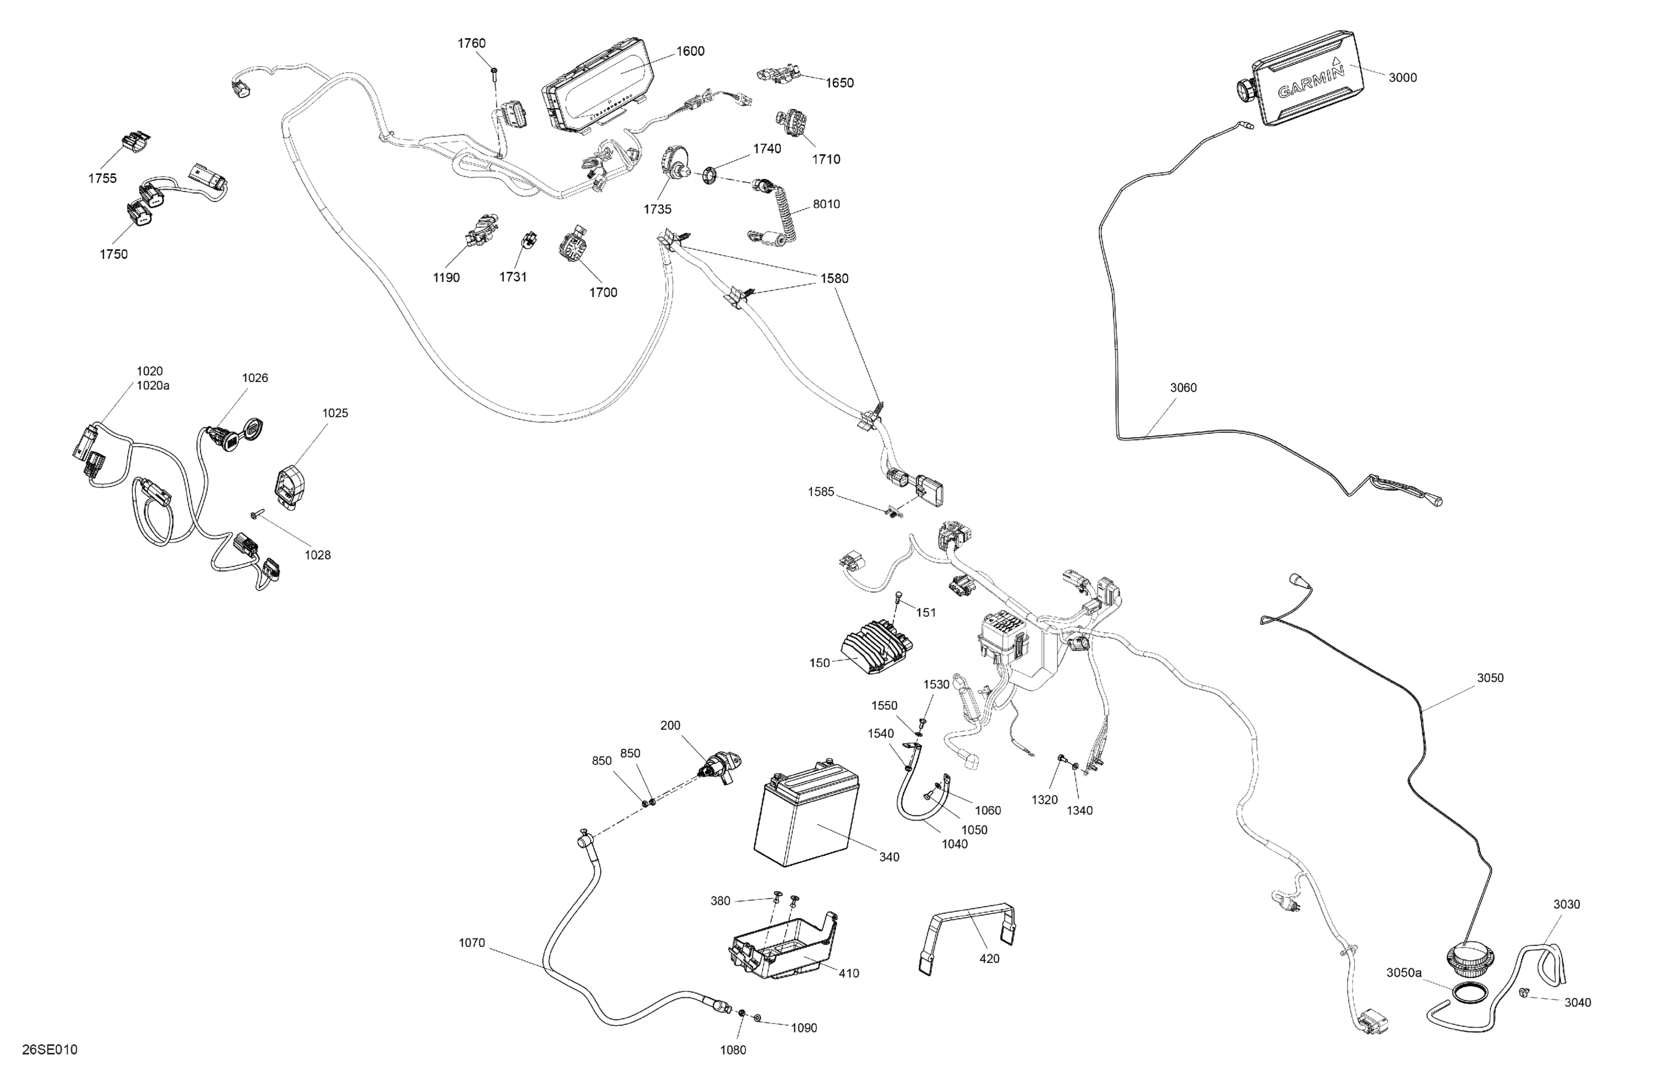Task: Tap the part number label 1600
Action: click(690, 51)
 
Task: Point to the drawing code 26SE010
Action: click(50, 1049)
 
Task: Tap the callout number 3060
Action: click(1183, 388)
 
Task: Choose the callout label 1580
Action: click(834, 279)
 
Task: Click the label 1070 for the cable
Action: click(471, 943)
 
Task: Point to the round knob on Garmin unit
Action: click(1245, 92)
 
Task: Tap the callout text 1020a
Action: click(153, 385)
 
